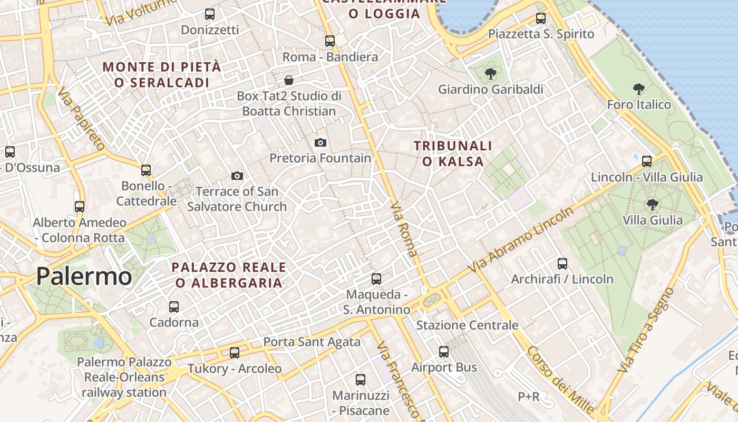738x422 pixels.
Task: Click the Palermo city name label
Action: tap(84, 276)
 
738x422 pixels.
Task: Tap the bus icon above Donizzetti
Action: tap(210, 14)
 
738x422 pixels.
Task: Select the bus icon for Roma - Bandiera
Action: tap(330, 41)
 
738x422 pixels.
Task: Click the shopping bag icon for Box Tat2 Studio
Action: tap(289, 80)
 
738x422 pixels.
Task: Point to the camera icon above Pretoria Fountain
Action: tap(320, 142)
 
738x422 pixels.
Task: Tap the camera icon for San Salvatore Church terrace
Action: tap(237, 176)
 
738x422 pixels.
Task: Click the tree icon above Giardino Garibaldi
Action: tap(491, 74)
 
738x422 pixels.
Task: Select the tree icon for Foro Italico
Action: tap(639, 89)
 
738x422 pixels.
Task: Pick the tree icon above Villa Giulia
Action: tap(653, 204)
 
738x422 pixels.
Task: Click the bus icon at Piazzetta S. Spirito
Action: tap(541, 18)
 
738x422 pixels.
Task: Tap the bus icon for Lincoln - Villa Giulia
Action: tap(647, 161)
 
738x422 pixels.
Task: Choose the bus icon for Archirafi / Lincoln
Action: tap(562, 263)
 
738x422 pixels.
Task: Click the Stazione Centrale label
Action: tap(467, 325)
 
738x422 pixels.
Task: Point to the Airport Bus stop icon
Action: tap(444, 351)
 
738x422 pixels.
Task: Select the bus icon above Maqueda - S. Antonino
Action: tap(376, 279)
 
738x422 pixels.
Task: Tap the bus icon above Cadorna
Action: tap(174, 306)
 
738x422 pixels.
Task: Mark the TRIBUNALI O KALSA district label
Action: tap(453, 154)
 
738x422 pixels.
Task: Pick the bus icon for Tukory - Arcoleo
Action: tap(235, 352)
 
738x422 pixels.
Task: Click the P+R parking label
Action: tap(528, 397)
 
